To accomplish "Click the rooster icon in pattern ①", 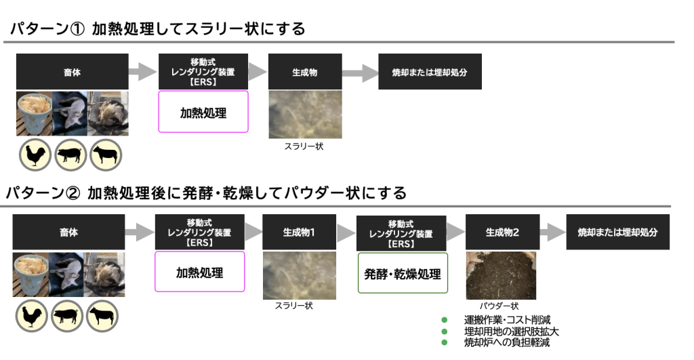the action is coord(35,155).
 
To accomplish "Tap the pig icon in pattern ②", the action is coord(67,316).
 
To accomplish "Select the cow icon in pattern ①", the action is coord(106,155).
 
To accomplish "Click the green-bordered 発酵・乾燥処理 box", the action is coord(403,273).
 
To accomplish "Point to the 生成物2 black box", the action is coord(502,232).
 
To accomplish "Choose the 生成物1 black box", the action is coord(299,232).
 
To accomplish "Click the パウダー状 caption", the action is coord(499,306).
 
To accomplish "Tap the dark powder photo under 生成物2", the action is coord(501,275).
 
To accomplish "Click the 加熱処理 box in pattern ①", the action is coord(203,112).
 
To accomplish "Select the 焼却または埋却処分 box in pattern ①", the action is coord(430,72).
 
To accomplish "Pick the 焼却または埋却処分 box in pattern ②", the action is coord(618,232).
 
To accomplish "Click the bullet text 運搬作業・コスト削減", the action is coord(507,320).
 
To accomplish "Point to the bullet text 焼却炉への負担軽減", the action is coord(507,342).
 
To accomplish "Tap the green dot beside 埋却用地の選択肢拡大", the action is coord(445,332).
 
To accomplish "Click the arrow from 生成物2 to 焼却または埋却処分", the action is coord(553,232).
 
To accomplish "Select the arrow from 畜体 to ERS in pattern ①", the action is coord(143,72).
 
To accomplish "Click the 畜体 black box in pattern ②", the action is coord(68,232).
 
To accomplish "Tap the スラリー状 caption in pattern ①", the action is coord(304,146).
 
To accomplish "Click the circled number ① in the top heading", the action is coord(77,29).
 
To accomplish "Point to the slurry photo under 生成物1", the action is coord(299,275).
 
